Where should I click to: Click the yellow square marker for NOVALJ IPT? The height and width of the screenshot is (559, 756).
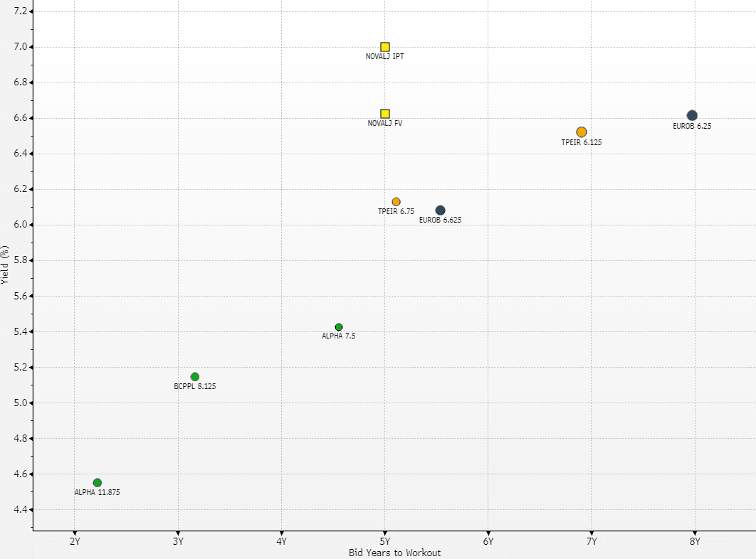[385, 47]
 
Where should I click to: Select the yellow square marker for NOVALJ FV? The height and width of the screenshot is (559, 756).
[385, 114]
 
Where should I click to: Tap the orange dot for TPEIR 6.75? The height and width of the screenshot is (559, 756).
[397, 202]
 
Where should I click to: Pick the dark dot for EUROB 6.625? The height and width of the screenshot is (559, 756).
[441, 211]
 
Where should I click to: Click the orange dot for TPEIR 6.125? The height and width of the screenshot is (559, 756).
[582, 132]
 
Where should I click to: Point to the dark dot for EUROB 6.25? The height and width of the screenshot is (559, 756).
[692, 115]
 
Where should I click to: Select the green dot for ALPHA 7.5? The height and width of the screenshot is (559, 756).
[339, 327]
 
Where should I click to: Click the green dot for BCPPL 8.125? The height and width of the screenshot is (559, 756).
[195, 377]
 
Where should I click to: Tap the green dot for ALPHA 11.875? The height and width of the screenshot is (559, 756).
[98, 483]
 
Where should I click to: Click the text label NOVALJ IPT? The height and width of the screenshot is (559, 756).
[385, 57]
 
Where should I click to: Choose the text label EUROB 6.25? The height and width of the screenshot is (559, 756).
[692, 126]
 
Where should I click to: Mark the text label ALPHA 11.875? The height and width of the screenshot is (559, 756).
[98, 492]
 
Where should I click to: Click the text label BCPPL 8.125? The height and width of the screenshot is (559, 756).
[195, 387]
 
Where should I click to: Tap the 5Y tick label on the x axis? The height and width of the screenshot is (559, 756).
[385, 541]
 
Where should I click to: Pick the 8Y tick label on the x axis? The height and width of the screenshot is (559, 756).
[695, 541]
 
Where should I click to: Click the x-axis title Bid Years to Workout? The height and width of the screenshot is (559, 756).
[395, 553]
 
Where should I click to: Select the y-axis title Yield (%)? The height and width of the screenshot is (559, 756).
[6, 265]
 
